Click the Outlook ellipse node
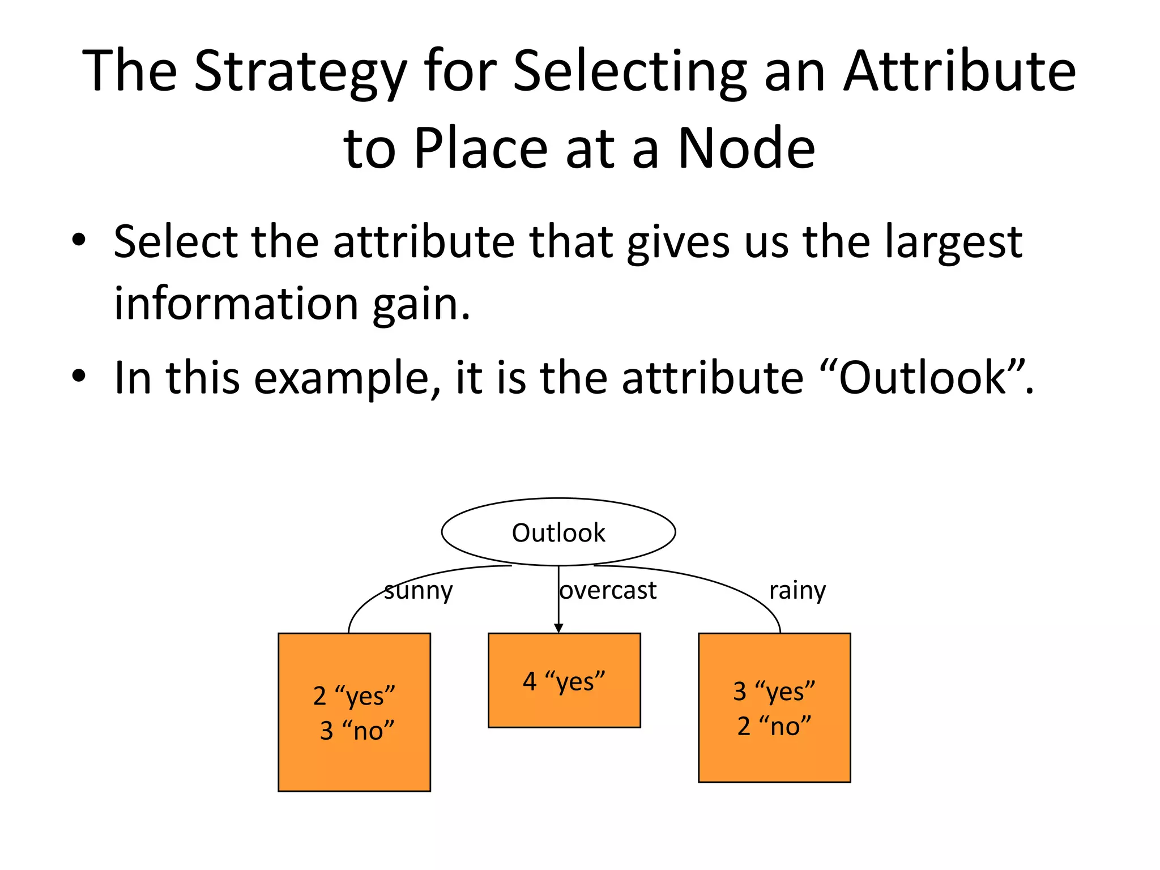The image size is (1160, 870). [x=558, y=532]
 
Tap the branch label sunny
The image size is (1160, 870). [x=418, y=591]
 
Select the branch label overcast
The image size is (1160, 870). [x=608, y=591]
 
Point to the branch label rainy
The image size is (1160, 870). [x=797, y=591]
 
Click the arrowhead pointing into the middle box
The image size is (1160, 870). [x=558, y=628]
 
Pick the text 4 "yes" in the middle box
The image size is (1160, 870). [x=564, y=681]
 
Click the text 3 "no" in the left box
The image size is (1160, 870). [x=357, y=730]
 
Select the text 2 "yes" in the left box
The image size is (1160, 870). [x=354, y=696]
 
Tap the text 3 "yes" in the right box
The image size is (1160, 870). [x=774, y=692]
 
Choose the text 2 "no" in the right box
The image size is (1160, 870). [x=774, y=726]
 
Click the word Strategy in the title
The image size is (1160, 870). [x=301, y=72]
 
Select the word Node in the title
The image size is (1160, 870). [x=746, y=148]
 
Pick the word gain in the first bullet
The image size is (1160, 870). [x=420, y=305]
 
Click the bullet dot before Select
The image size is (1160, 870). [x=79, y=240]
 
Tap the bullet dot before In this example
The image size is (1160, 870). [x=79, y=376]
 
